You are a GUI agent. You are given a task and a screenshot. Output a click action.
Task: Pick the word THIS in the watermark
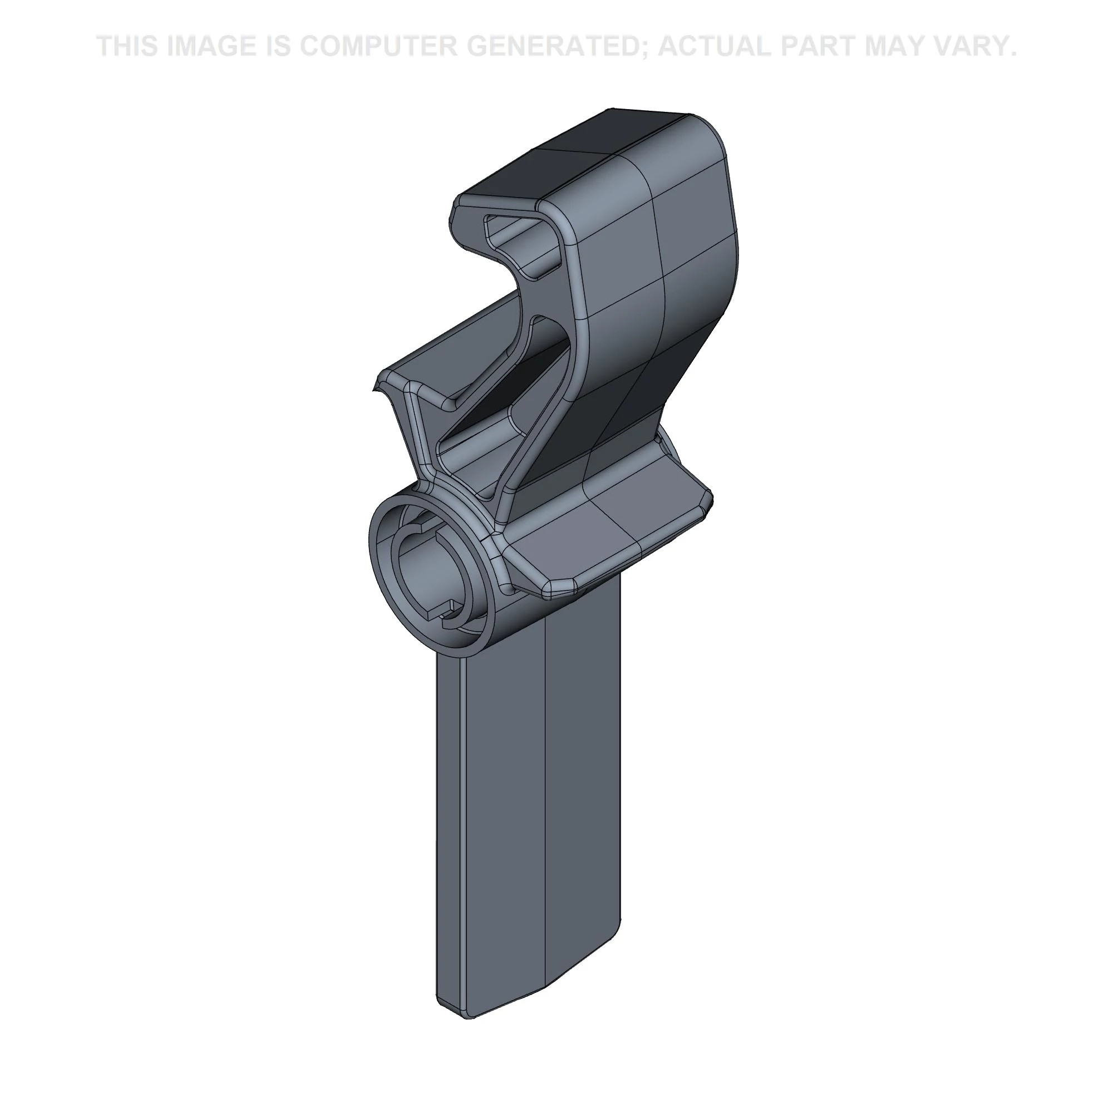(x=127, y=46)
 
